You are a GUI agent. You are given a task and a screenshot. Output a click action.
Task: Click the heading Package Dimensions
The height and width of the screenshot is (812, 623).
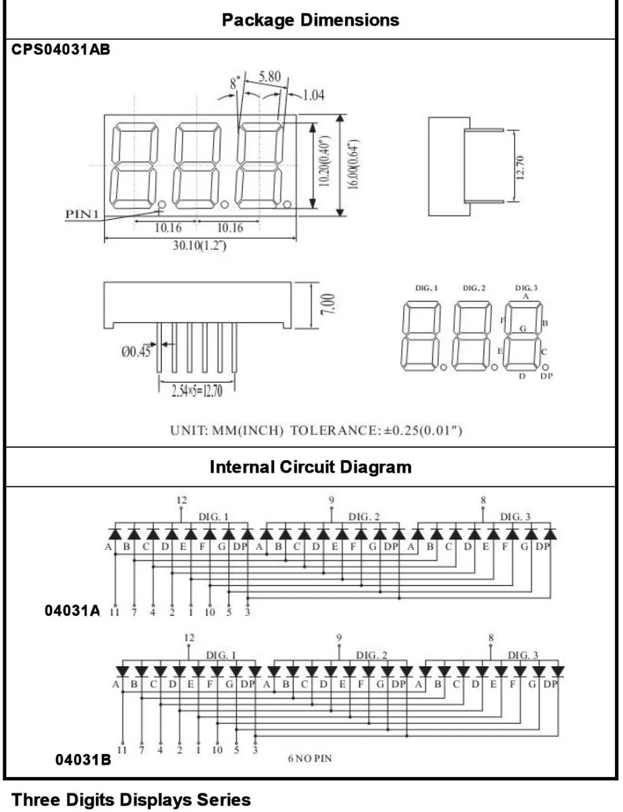(310, 20)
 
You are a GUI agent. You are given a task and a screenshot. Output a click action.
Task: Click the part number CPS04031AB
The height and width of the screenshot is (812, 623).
(61, 50)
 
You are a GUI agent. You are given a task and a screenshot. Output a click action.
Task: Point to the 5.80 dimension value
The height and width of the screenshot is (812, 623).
(270, 77)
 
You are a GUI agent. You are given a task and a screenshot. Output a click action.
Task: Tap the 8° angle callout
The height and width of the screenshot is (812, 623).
(234, 83)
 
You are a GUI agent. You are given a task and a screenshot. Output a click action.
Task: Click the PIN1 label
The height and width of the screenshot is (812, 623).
(82, 214)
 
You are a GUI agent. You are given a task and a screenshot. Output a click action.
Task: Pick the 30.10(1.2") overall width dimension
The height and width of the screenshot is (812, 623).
(199, 245)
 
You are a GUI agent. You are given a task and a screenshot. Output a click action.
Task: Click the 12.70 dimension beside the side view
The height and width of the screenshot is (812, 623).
(521, 167)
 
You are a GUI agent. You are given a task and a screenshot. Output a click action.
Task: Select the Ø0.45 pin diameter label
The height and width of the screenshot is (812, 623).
(136, 352)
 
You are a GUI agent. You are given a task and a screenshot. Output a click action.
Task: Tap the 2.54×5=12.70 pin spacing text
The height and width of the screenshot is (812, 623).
(197, 391)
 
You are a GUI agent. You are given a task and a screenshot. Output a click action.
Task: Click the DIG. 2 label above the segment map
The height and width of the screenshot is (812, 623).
(474, 288)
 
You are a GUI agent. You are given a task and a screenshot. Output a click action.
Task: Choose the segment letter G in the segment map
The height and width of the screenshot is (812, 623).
(523, 328)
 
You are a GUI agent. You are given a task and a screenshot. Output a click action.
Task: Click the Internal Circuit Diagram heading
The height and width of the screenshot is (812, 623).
(310, 467)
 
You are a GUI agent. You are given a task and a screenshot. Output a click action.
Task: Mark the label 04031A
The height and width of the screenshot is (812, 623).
(72, 610)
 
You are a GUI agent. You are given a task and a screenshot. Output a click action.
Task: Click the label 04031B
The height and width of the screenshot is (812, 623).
(83, 760)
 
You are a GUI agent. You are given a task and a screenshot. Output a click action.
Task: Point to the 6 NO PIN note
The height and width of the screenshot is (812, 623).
(310, 758)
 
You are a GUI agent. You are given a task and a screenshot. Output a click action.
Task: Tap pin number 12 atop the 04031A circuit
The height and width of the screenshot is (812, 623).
(181, 500)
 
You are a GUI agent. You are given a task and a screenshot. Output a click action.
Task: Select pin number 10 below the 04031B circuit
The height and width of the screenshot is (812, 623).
(217, 750)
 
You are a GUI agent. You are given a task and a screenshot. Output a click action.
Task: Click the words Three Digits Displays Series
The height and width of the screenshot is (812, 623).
(131, 800)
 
